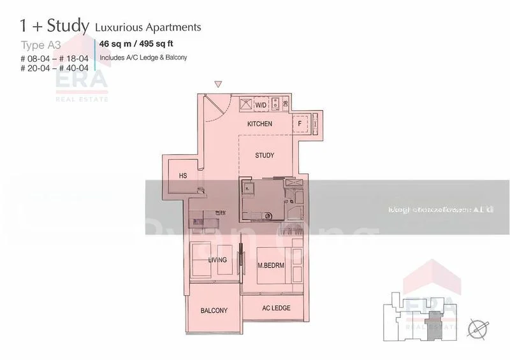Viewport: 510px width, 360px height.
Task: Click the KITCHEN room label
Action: (259, 124)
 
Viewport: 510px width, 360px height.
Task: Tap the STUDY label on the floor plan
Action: (264, 155)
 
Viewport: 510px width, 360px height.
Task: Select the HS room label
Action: (183, 176)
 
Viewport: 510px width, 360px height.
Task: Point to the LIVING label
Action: (218, 259)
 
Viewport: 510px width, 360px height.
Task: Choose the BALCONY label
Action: (214, 311)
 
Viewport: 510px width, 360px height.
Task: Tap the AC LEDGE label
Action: (276, 308)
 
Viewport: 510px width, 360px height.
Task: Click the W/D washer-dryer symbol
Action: (261, 104)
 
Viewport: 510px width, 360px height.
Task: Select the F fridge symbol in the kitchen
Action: (300, 124)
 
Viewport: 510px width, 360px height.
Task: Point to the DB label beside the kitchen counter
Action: (285, 104)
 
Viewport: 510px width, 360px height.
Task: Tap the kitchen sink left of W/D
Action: (245, 104)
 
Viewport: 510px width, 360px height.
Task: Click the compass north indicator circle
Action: (476, 328)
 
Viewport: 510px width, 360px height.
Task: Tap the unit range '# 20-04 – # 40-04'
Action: (54, 68)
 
